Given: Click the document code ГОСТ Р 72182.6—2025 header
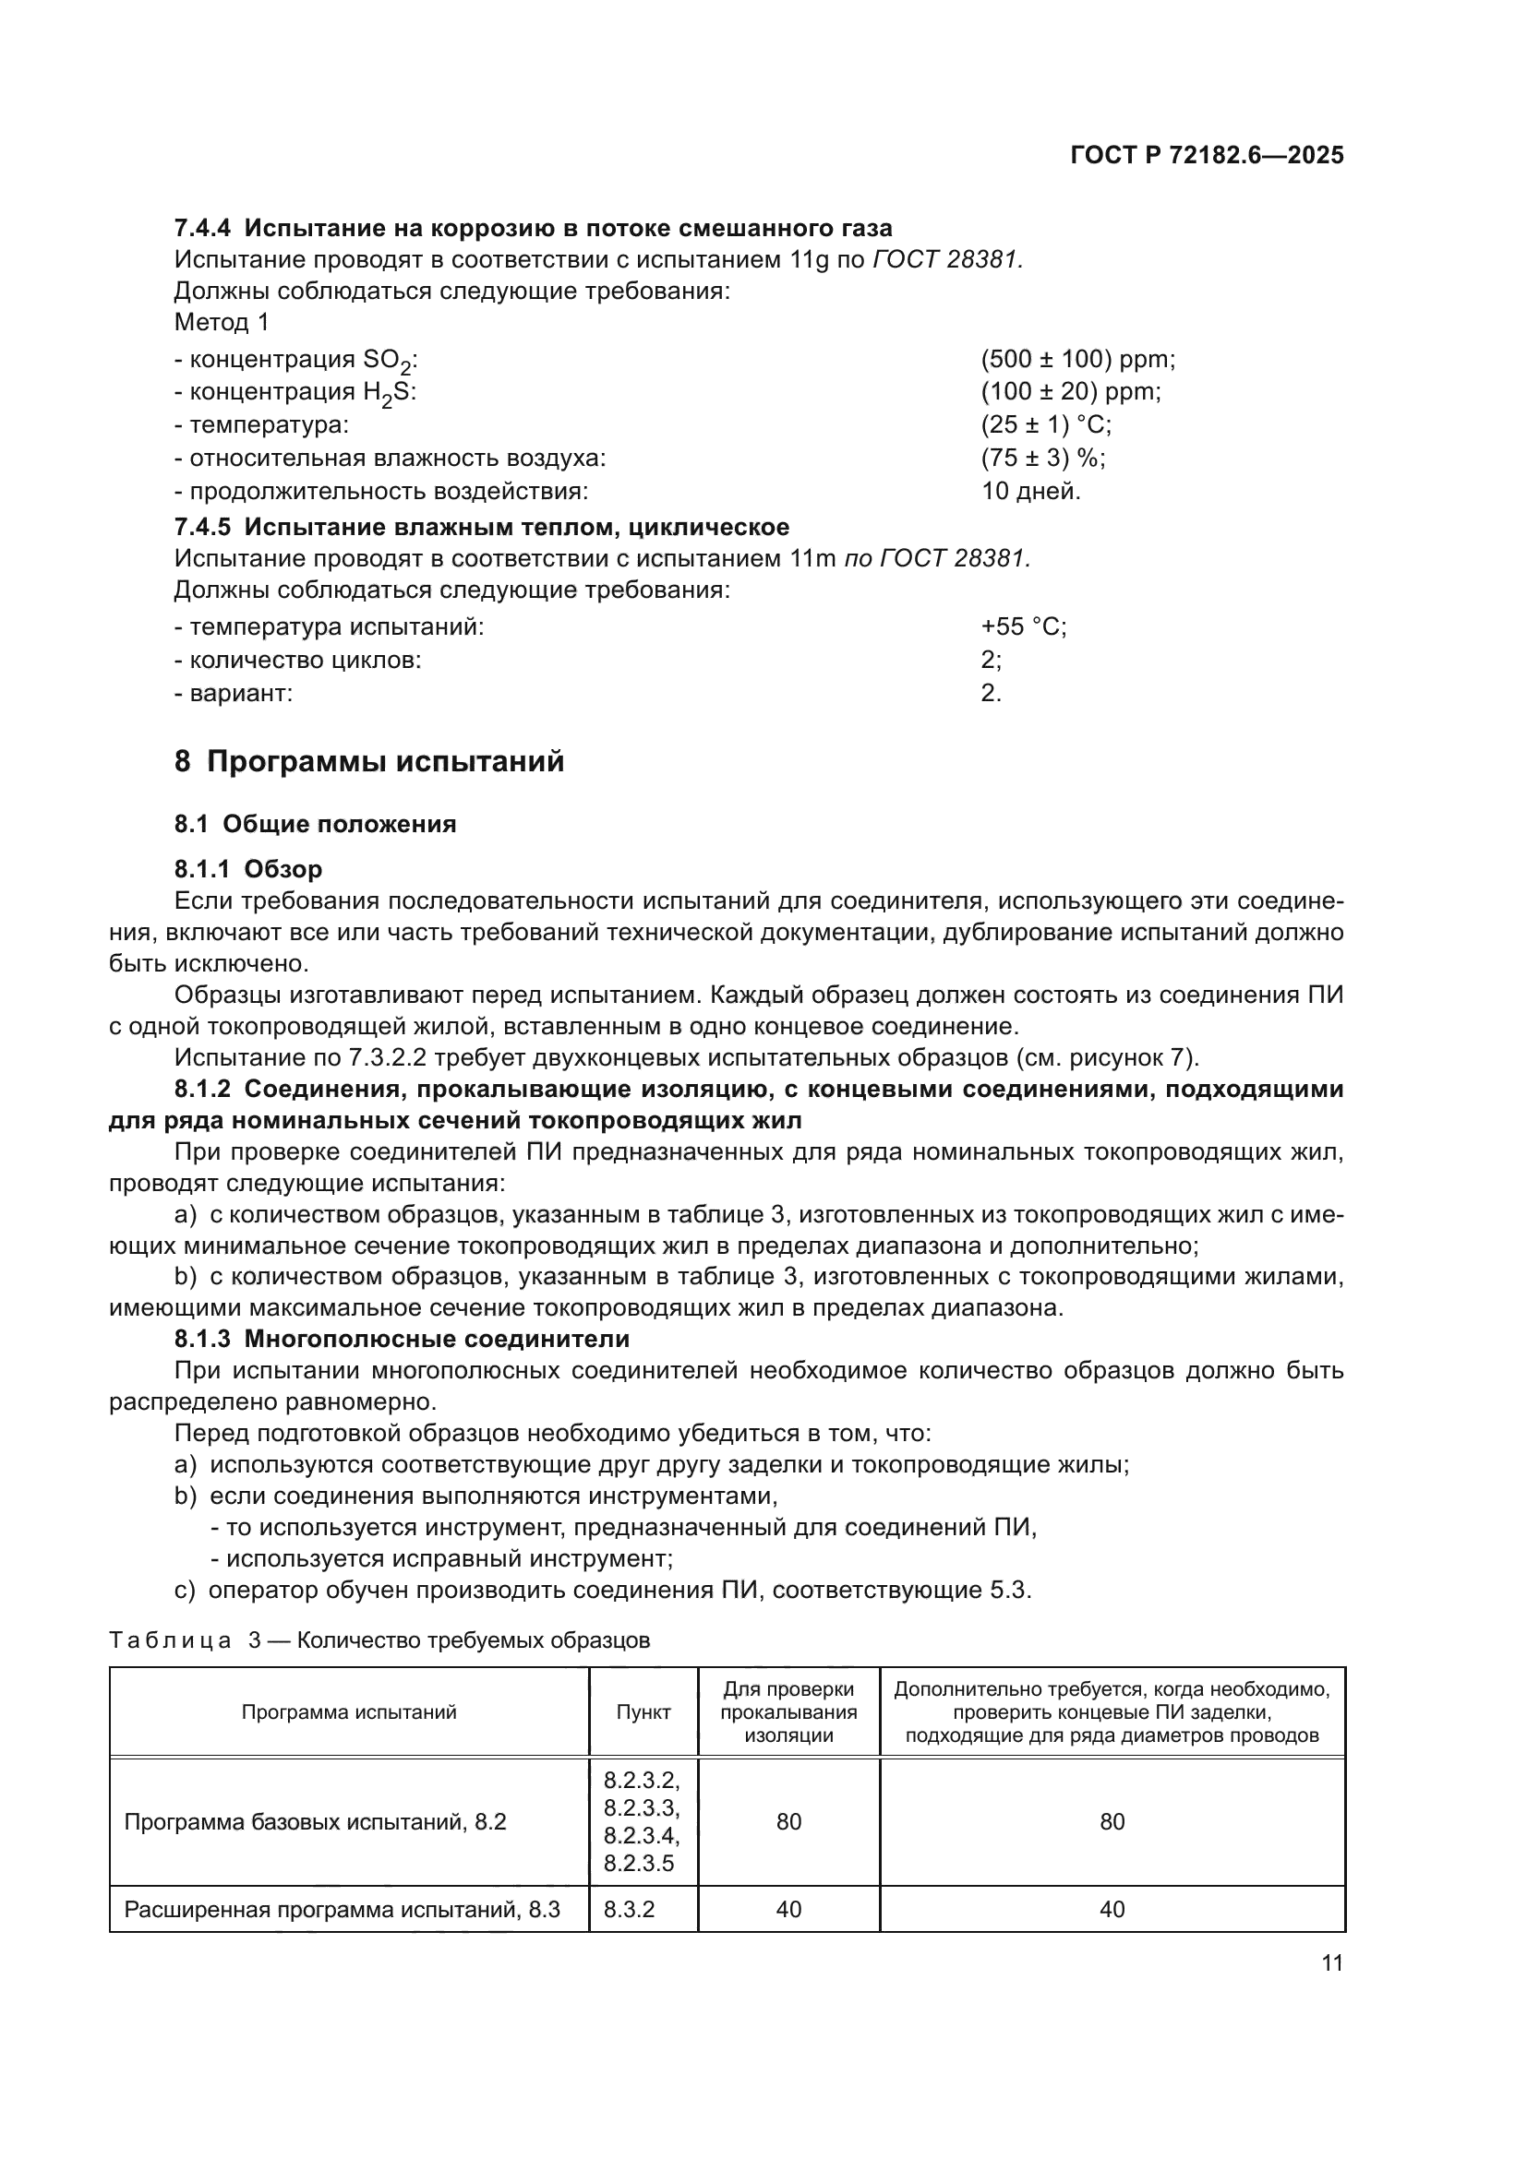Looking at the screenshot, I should point(1207,156).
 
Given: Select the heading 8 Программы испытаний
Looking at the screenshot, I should point(368,761).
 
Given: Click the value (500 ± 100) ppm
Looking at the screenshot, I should point(1077,359).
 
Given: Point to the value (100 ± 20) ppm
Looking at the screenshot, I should point(1070,392).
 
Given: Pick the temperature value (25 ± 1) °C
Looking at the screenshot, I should point(1046,424).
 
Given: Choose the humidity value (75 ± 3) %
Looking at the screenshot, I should point(1042,458).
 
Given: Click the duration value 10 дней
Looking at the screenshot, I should point(1030,491).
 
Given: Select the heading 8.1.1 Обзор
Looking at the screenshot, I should point(248,868).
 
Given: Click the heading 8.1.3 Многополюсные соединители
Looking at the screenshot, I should point(402,1339).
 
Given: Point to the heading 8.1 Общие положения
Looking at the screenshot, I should point(315,824).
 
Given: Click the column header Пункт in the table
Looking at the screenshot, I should point(643,1711).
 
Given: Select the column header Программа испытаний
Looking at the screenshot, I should point(349,1711).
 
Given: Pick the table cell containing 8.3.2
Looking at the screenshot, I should point(625,1909).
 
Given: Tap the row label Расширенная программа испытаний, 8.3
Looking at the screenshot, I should point(343,1909).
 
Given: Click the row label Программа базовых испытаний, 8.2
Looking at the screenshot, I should point(315,1821).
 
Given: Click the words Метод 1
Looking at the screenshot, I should point(222,322).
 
